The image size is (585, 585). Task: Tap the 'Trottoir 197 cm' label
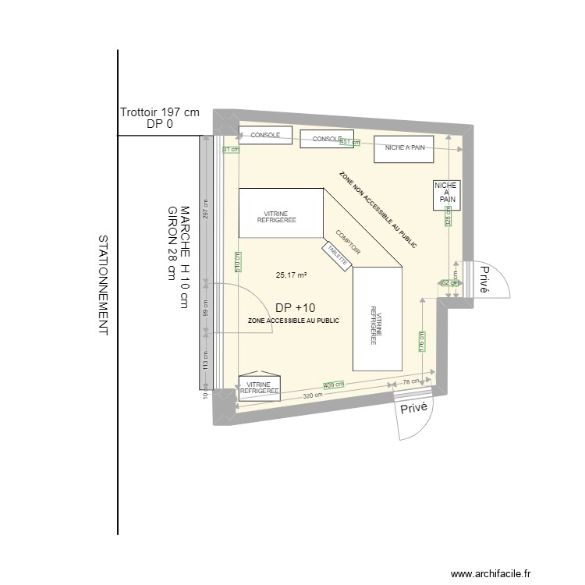coord(160,112)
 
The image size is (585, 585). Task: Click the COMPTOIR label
coord(347,243)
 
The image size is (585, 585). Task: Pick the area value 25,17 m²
coord(291,275)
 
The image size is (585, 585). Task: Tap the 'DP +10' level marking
coord(296,308)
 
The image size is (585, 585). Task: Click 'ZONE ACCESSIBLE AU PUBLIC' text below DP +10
coord(293,321)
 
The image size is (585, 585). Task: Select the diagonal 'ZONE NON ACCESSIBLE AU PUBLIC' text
coord(378,211)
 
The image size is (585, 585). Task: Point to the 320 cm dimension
coord(313,397)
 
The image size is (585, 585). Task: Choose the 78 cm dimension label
coord(411,381)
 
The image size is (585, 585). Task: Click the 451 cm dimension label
coord(350,142)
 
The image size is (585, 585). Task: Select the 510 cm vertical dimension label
coord(236,264)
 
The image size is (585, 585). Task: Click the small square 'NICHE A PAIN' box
coord(447,194)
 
